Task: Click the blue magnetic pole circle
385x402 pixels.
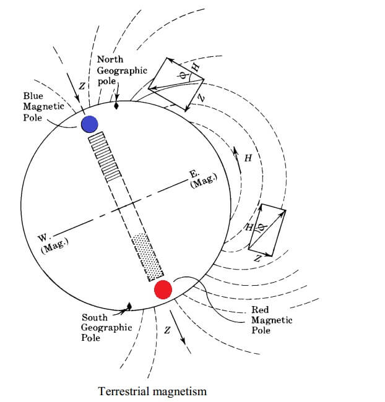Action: [90, 124]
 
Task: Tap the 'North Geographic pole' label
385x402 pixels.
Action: [121, 71]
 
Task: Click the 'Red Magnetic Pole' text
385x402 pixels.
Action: [271, 320]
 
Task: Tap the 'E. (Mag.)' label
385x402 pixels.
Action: [204, 180]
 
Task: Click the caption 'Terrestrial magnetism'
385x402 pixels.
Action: [152, 391]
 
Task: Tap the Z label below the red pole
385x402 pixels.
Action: [166, 331]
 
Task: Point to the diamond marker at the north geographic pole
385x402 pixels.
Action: [116, 106]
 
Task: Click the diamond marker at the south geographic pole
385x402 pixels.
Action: [129, 306]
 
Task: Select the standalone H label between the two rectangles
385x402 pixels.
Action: [248, 158]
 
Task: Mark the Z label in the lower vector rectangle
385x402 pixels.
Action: [257, 259]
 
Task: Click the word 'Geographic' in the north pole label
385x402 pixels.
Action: [122, 71]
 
